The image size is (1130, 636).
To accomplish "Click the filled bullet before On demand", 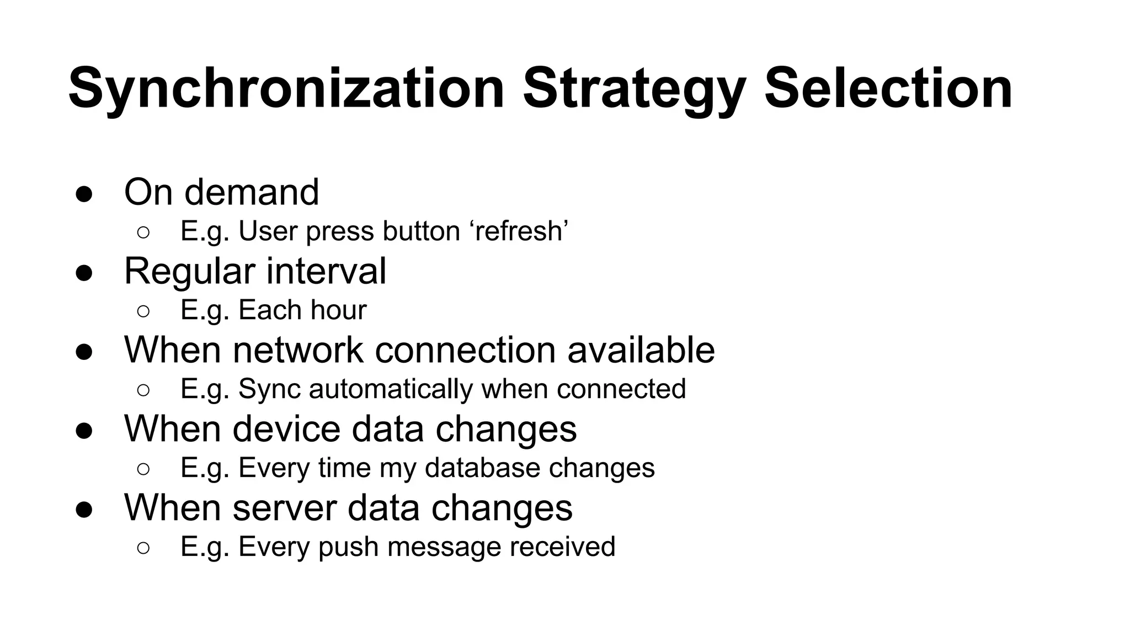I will click(84, 194).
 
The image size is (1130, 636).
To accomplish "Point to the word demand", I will click(252, 192).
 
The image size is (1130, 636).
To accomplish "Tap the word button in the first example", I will click(422, 231).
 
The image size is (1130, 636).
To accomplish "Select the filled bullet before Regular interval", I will click(84, 273).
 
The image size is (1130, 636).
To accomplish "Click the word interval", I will click(326, 271).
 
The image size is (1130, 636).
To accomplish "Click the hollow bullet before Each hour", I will click(143, 311).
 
